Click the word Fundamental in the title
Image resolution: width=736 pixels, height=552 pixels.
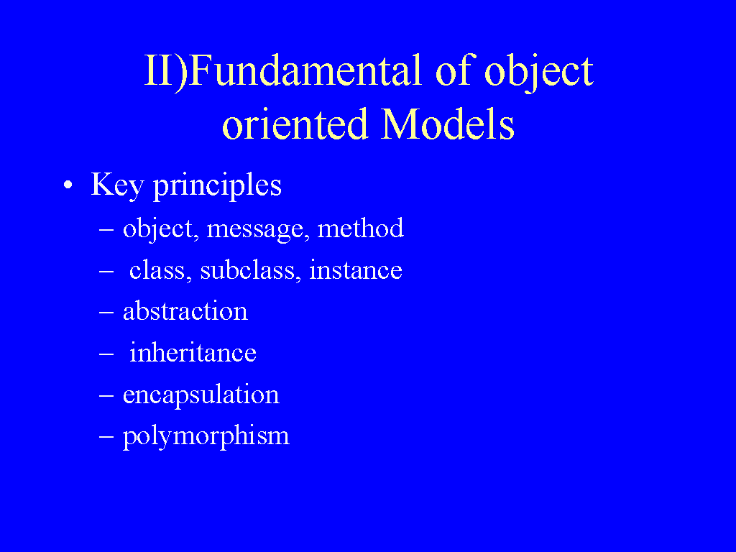click(x=305, y=70)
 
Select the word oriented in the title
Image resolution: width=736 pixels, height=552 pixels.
click(x=295, y=124)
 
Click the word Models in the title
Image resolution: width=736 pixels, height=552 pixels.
click(x=448, y=124)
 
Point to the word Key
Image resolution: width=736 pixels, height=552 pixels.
click(x=117, y=185)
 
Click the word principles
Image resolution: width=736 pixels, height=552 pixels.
click(x=217, y=185)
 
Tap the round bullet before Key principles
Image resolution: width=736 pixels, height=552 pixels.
click(x=68, y=185)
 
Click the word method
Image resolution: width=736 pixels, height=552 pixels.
click(x=361, y=228)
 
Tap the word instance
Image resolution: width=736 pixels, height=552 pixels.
click(x=355, y=270)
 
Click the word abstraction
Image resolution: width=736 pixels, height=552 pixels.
click(x=185, y=311)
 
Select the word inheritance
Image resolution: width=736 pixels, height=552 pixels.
click(x=193, y=352)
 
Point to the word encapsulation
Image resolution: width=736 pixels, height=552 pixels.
click(x=201, y=395)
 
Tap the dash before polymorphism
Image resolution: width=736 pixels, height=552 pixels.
click(x=106, y=436)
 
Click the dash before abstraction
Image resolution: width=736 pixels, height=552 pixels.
click(x=106, y=312)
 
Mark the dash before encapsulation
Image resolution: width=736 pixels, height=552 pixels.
click(x=106, y=395)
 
